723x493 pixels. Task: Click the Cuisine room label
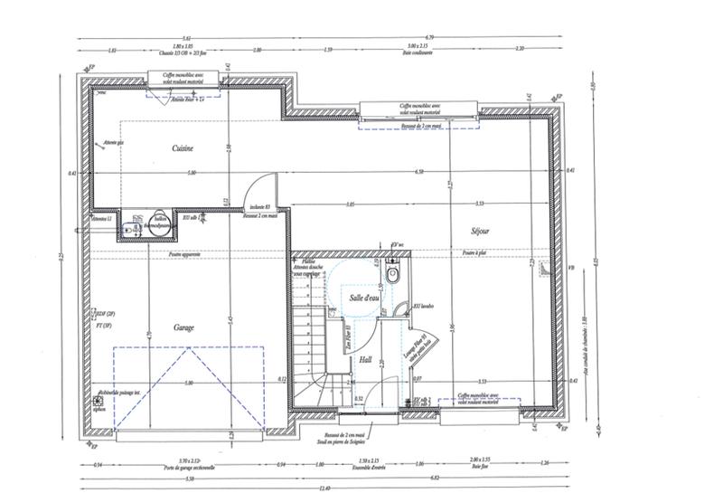pyautogui.click(x=183, y=147)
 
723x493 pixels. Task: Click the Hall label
pyautogui.click(x=365, y=359)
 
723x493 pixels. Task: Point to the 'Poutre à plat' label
pyautogui.click(x=474, y=255)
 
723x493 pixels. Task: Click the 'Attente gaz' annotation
pyautogui.click(x=113, y=143)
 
